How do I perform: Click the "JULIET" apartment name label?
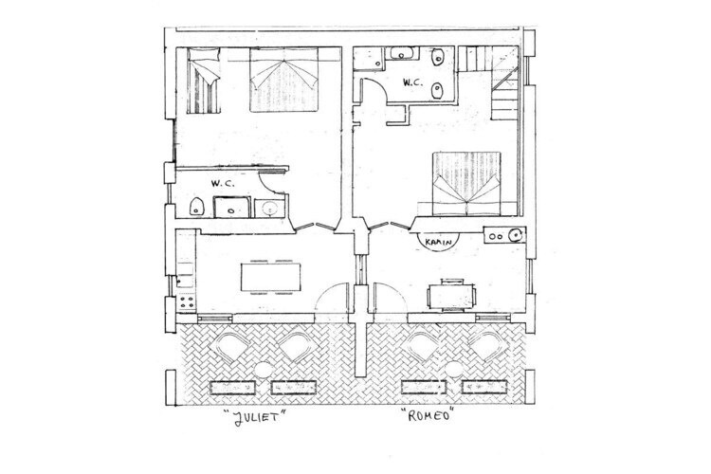coord(255,416)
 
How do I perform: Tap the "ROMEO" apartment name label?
coord(427,414)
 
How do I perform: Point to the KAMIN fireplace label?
coord(439,243)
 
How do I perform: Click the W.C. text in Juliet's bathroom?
coord(223,184)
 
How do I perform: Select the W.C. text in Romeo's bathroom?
coord(412,82)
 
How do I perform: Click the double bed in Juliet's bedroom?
coord(283,80)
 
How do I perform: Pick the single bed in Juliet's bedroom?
coord(204,81)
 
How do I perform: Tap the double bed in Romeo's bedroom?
coord(466,184)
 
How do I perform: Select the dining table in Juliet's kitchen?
coord(271,277)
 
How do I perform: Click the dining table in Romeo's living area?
coord(451,296)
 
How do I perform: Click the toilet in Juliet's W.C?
coord(197,207)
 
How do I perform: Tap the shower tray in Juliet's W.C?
coord(231,208)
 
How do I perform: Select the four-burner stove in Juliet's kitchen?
coord(187,302)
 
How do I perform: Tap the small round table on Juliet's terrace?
coord(263,370)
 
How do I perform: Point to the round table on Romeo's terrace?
coord(453,369)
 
